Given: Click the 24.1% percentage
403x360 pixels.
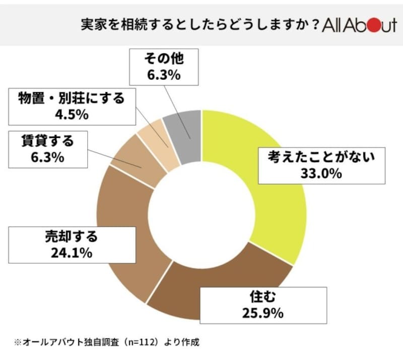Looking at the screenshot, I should tap(72, 253).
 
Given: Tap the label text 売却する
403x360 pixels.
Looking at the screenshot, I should tap(72, 236).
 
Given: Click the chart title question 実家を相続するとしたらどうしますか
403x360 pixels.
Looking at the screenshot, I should tap(194, 25).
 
